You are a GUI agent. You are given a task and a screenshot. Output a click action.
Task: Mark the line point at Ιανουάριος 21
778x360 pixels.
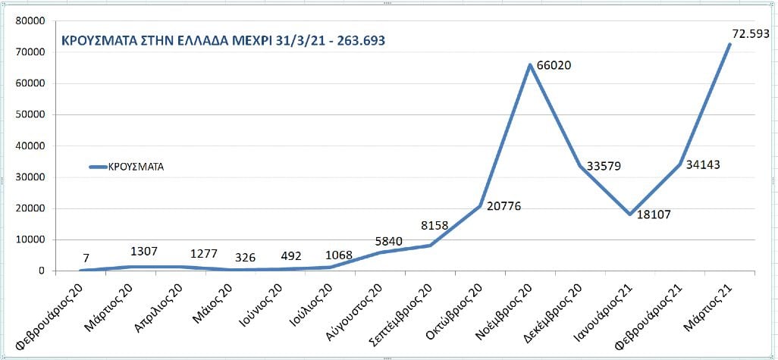click(x=630, y=214)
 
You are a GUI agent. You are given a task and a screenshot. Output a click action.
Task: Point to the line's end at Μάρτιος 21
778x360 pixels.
click(x=729, y=44)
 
